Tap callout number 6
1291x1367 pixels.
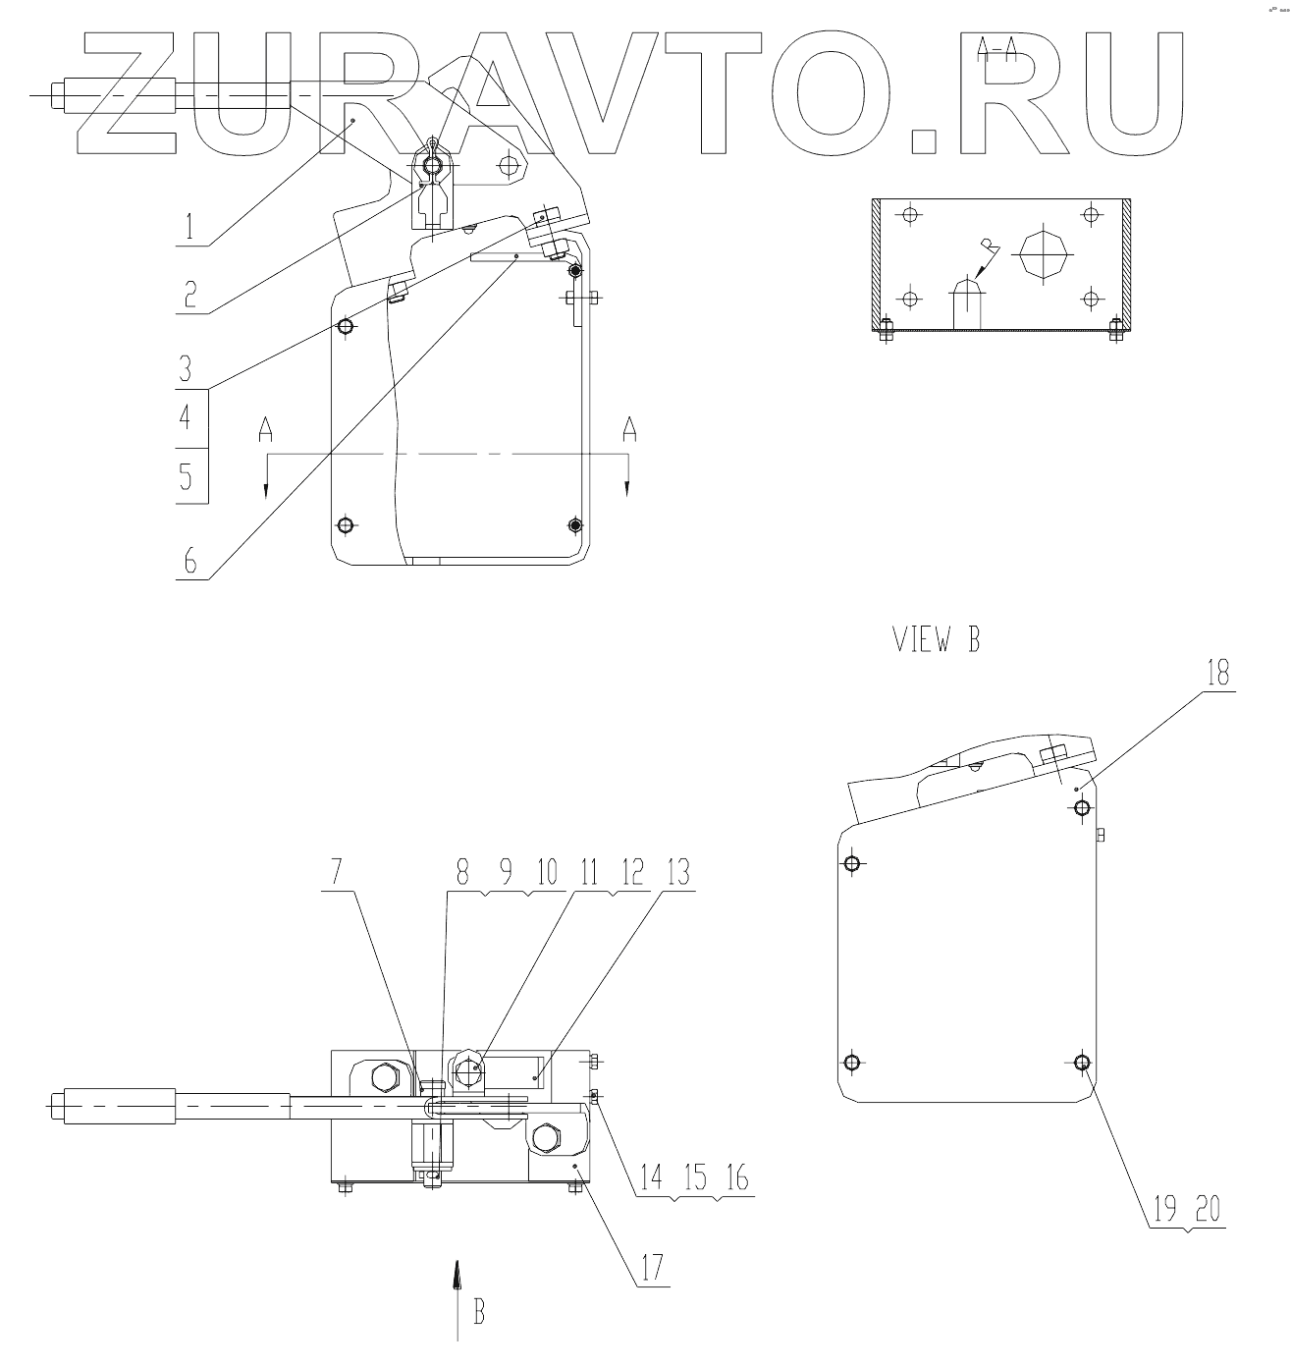point(190,562)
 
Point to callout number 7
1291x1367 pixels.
point(337,873)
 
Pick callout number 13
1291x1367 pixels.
point(678,873)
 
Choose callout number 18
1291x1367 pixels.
point(1218,674)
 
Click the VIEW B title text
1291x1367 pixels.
point(936,640)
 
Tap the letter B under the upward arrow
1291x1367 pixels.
point(479,1312)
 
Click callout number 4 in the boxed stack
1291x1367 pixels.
point(186,418)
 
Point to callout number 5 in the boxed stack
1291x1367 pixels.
point(186,476)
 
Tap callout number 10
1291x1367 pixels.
point(548,873)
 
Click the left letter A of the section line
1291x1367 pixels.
point(265,430)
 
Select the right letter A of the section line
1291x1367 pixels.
point(628,430)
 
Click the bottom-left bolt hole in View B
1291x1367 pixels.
point(851,1063)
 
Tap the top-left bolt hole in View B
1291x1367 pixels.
point(851,863)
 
